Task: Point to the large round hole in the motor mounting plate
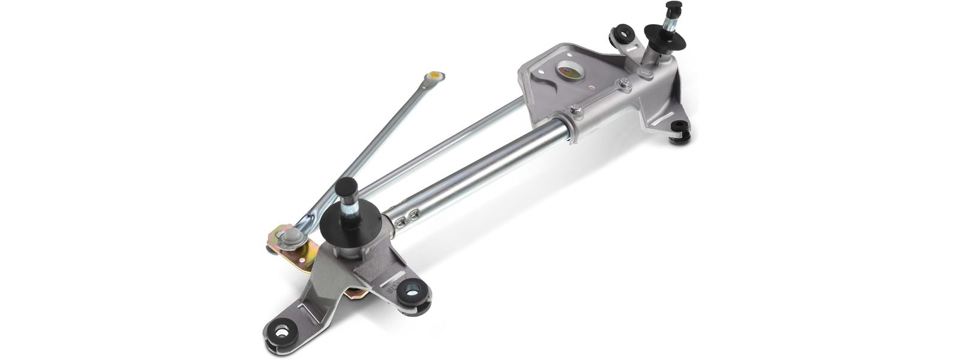tap(568, 71)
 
